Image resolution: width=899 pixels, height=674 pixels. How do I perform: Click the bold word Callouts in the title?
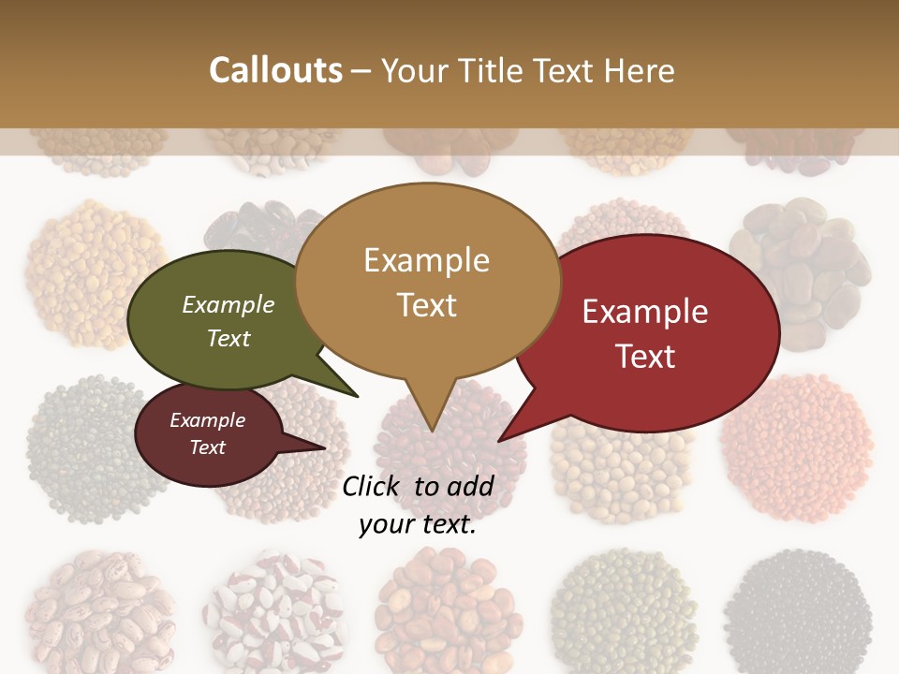click(x=275, y=70)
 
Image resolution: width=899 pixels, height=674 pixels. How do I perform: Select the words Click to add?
click(x=417, y=486)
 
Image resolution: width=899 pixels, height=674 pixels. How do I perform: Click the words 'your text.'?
click(x=417, y=525)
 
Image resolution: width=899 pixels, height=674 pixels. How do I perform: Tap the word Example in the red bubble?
click(x=644, y=312)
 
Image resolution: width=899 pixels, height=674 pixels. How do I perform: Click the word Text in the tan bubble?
click(x=426, y=305)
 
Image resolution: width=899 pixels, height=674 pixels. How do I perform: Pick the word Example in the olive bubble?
click(x=228, y=305)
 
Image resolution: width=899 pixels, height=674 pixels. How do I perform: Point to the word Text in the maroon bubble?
click(x=208, y=447)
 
